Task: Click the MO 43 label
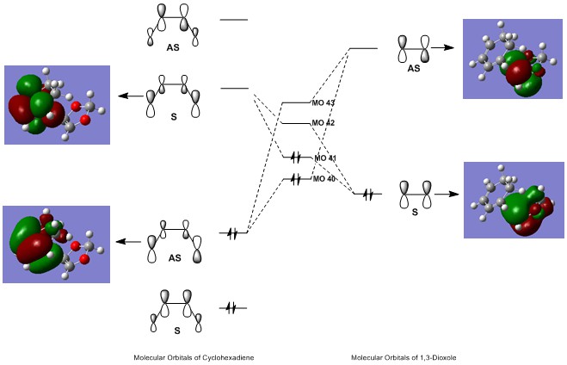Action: point(324,104)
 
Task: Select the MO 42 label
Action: point(324,123)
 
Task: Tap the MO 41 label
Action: point(325,158)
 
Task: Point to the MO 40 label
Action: point(324,179)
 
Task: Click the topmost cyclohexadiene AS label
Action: point(174,46)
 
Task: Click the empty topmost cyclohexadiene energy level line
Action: point(234,19)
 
